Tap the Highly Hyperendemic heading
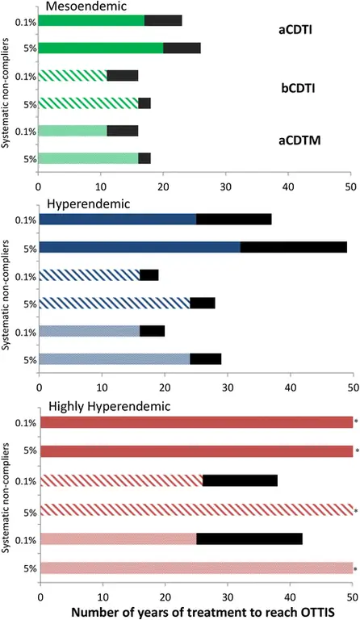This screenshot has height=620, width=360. pyautogui.click(x=109, y=406)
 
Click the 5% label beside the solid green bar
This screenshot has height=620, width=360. pyautogui.click(x=30, y=48)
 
